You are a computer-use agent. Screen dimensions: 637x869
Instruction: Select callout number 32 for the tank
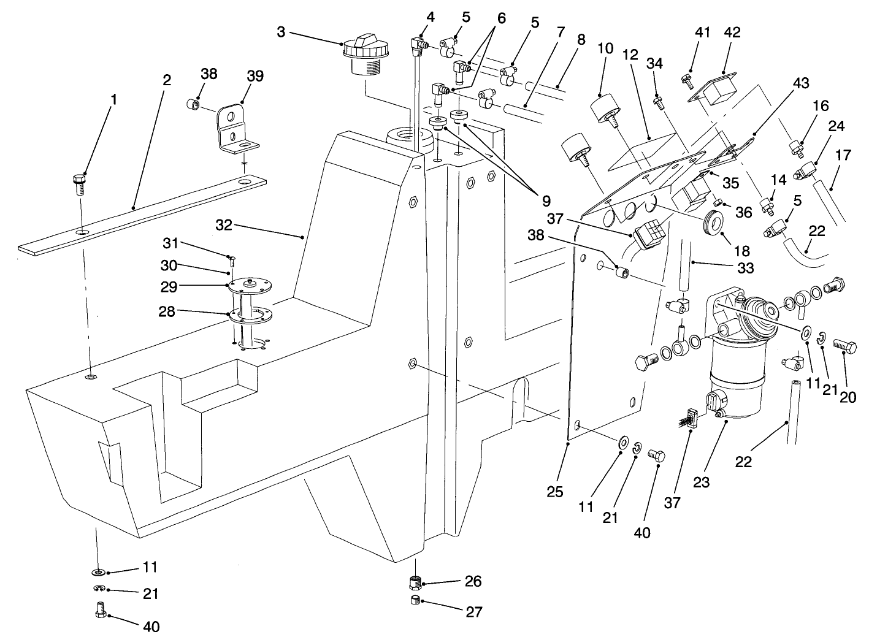(x=224, y=226)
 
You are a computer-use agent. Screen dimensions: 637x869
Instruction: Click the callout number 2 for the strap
(x=167, y=80)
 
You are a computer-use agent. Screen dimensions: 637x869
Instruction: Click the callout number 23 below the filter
(x=701, y=482)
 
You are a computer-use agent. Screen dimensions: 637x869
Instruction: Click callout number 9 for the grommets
(x=545, y=200)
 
